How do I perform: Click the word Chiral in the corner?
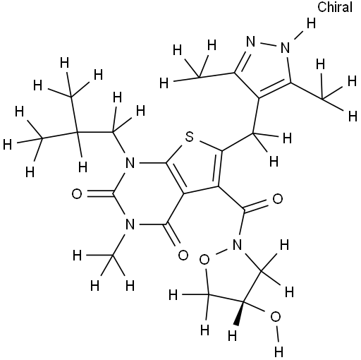[x=335, y=7]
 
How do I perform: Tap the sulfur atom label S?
[x=190, y=137]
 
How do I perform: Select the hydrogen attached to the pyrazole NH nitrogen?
[x=311, y=23]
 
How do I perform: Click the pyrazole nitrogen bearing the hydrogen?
[x=285, y=48]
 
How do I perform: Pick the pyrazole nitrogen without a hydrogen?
[x=251, y=42]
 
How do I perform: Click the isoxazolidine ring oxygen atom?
[x=204, y=260]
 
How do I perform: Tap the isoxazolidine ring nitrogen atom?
[x=237, y=245]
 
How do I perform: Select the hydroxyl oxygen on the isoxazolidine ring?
[x=276, y=317]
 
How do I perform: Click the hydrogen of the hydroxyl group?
[x=279, y=352]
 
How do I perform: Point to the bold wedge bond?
[x=240, y=313]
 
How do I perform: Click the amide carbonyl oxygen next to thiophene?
[x=278, y=199]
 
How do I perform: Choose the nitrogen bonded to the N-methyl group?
[x=130, y=224]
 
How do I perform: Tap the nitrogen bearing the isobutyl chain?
[x=130, y=162]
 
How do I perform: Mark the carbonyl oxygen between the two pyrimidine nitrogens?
[x=77, y=194]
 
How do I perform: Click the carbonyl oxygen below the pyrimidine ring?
[x=183, y=255]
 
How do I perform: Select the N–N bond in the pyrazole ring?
[x=268, y=44]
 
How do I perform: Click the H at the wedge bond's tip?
[x=233, y=336]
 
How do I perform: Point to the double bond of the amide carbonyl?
[x=255, y=205]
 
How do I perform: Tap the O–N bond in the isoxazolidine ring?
[x=221, y=253]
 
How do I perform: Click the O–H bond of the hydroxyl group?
[x=277, y=335]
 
